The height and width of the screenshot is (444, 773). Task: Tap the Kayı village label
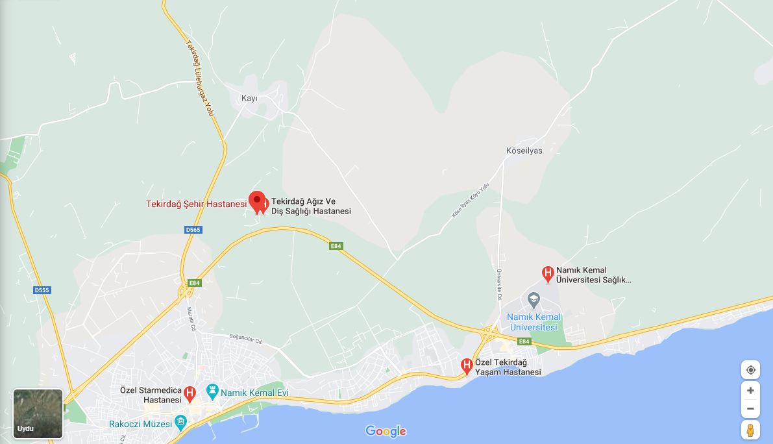(x=249, y=99)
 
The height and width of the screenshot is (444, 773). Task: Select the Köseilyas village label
(x=524, y=151)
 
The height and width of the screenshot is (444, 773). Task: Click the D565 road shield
(x=193, y=230)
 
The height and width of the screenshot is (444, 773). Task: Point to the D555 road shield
(x=42, y=290)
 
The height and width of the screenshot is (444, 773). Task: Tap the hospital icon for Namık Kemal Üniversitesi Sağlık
(x=548, y=273)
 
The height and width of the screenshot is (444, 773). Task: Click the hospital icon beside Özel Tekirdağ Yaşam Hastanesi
(x=467, y=366)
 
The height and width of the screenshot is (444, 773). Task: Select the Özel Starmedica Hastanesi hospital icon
(x=190, y=393)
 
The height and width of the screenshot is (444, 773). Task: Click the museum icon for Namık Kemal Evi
(x=212, y=391)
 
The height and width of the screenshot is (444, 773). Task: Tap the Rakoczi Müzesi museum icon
(x=180, y=423)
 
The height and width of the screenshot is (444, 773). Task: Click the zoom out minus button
(x=750, y=408)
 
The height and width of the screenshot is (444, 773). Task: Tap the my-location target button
(x=750, y=370)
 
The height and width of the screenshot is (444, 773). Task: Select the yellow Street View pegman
(x=750, y=430)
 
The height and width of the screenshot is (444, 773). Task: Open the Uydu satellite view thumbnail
(x=38, y=413)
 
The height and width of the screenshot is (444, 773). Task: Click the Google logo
(x=386, y=431)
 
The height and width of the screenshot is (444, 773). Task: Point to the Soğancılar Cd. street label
(x=245, y=339)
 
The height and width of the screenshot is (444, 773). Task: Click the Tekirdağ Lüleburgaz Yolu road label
(x=201, y=79)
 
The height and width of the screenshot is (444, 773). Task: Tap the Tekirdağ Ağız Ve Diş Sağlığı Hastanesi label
(x=311, y=206)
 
